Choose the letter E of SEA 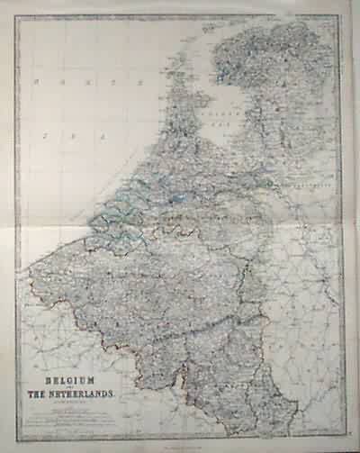(74, 135)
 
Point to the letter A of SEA (103, 135)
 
